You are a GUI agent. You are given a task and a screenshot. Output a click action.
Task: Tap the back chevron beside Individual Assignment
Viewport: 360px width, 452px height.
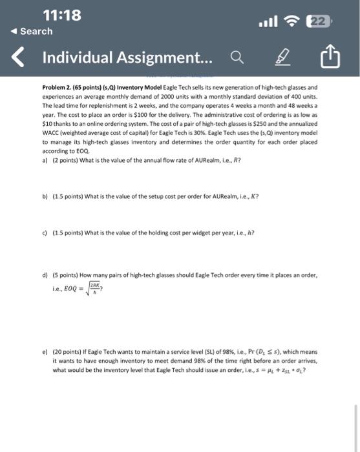[x=19, y=59]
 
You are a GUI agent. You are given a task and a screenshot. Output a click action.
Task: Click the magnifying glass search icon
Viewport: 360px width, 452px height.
[x=237, y=59]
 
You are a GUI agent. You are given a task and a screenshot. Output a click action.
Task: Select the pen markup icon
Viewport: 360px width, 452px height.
[x=282, y=59]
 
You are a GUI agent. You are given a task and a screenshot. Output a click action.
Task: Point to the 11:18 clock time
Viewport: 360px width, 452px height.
[x=61, y=15]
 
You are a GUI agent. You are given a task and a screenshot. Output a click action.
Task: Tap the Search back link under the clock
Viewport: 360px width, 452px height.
[x=33, y=31]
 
